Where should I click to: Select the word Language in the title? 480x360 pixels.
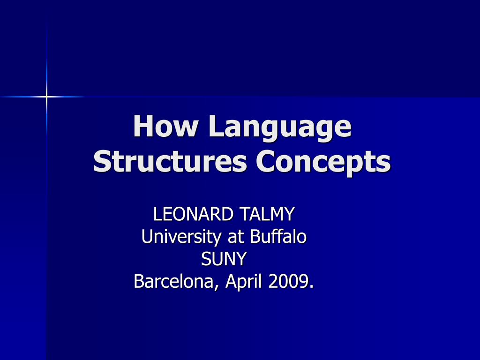[x=279, y=127]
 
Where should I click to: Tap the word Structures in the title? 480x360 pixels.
[x=170, y=162]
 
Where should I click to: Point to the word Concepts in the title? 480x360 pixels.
[x=323, y=163]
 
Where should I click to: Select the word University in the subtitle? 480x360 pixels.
[x=181, y=237]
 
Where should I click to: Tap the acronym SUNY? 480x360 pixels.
[x=224, y=259]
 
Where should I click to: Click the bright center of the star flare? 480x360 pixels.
[x=46, y=97]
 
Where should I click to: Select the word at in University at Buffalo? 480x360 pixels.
[x=236, y=237]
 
